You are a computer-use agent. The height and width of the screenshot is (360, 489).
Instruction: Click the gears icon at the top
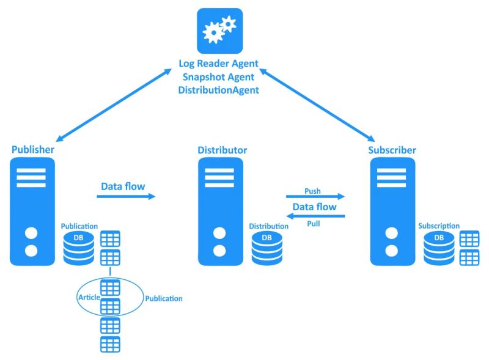click(219, 31)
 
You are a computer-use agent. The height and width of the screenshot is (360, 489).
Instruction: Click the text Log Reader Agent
click(218, 64)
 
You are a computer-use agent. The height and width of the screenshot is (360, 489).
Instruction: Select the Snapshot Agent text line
click(218, 76)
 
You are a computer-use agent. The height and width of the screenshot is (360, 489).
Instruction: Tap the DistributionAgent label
click(218, 90)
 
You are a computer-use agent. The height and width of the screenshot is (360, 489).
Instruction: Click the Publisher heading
click(32, 150)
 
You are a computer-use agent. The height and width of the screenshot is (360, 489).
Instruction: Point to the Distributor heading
click(222, 150)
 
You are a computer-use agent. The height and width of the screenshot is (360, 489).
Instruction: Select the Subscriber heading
click(392, 150)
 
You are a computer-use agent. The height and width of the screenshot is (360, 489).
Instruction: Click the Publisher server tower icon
click(32, 211)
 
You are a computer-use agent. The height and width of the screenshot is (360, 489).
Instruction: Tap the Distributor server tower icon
click(219, 211)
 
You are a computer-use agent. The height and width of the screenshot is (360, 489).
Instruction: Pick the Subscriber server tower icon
click(392, 211)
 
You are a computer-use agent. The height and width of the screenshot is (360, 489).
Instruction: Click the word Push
click(312, 191)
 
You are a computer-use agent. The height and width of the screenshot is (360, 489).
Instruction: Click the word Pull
click(313, 223)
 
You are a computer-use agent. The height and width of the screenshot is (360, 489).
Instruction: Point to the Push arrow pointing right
click(315, 197)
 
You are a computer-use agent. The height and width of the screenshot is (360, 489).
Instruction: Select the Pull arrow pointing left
click(315, 216)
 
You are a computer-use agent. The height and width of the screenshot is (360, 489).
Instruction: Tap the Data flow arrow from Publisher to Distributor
click(126, 197)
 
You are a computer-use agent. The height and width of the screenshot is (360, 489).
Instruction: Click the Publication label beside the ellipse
click(163, 299)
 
